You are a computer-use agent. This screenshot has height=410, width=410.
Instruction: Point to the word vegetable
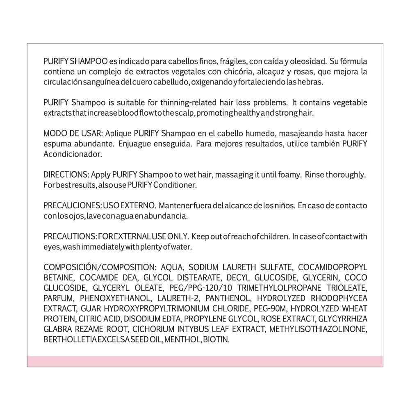349,102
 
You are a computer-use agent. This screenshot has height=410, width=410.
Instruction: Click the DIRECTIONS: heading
66,175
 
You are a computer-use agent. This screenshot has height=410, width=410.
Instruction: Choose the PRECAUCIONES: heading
72,205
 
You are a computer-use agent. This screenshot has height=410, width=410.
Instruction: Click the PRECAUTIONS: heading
69,237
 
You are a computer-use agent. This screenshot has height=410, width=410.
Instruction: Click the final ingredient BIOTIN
216,340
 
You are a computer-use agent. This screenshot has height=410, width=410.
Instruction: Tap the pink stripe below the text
205,362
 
